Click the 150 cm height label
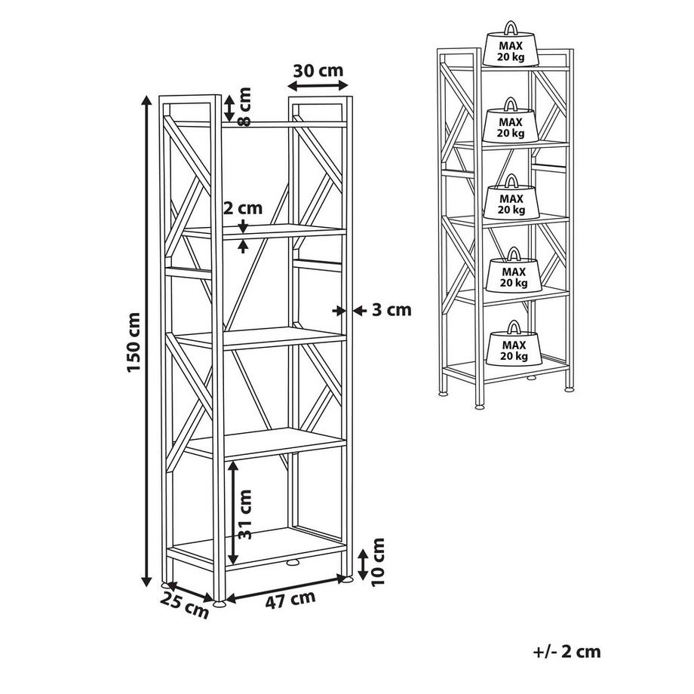click(134, 342)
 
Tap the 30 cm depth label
click(318, 70)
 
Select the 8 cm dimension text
click(244, 106)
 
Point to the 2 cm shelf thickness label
click(243, 207)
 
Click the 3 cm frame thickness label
click(392, 310)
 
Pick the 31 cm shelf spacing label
click(244, 514)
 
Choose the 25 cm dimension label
click(184, 605)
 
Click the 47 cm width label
click(290, 600)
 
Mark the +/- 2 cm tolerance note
click(567, 652)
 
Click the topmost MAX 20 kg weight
click(511, 44)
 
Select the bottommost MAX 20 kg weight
click(514, 343)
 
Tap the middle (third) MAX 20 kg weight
click(511, 197)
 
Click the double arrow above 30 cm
click(318, 85)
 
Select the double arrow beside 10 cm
click(363, 564)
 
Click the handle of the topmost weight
click(511, 26)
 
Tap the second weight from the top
click(511, 120)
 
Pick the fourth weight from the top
click(514, 269)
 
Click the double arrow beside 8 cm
click(229, 108)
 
